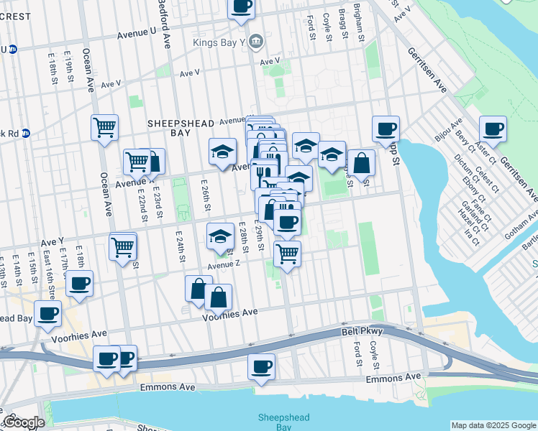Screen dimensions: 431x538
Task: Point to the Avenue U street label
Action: [x=137, y=32]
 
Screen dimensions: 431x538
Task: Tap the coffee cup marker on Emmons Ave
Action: [x=262, y=366]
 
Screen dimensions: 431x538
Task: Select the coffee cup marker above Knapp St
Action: [x=386, y=129]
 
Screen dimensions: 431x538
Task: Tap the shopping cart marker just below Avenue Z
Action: [x=287, y=254]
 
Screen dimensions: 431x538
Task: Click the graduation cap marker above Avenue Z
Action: [x=220, y=236]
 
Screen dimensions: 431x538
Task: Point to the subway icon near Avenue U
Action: [x=12, y=50]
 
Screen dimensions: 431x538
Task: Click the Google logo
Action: [x=24, y=422]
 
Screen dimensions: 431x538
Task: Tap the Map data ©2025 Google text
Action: [x=493, y=425]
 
